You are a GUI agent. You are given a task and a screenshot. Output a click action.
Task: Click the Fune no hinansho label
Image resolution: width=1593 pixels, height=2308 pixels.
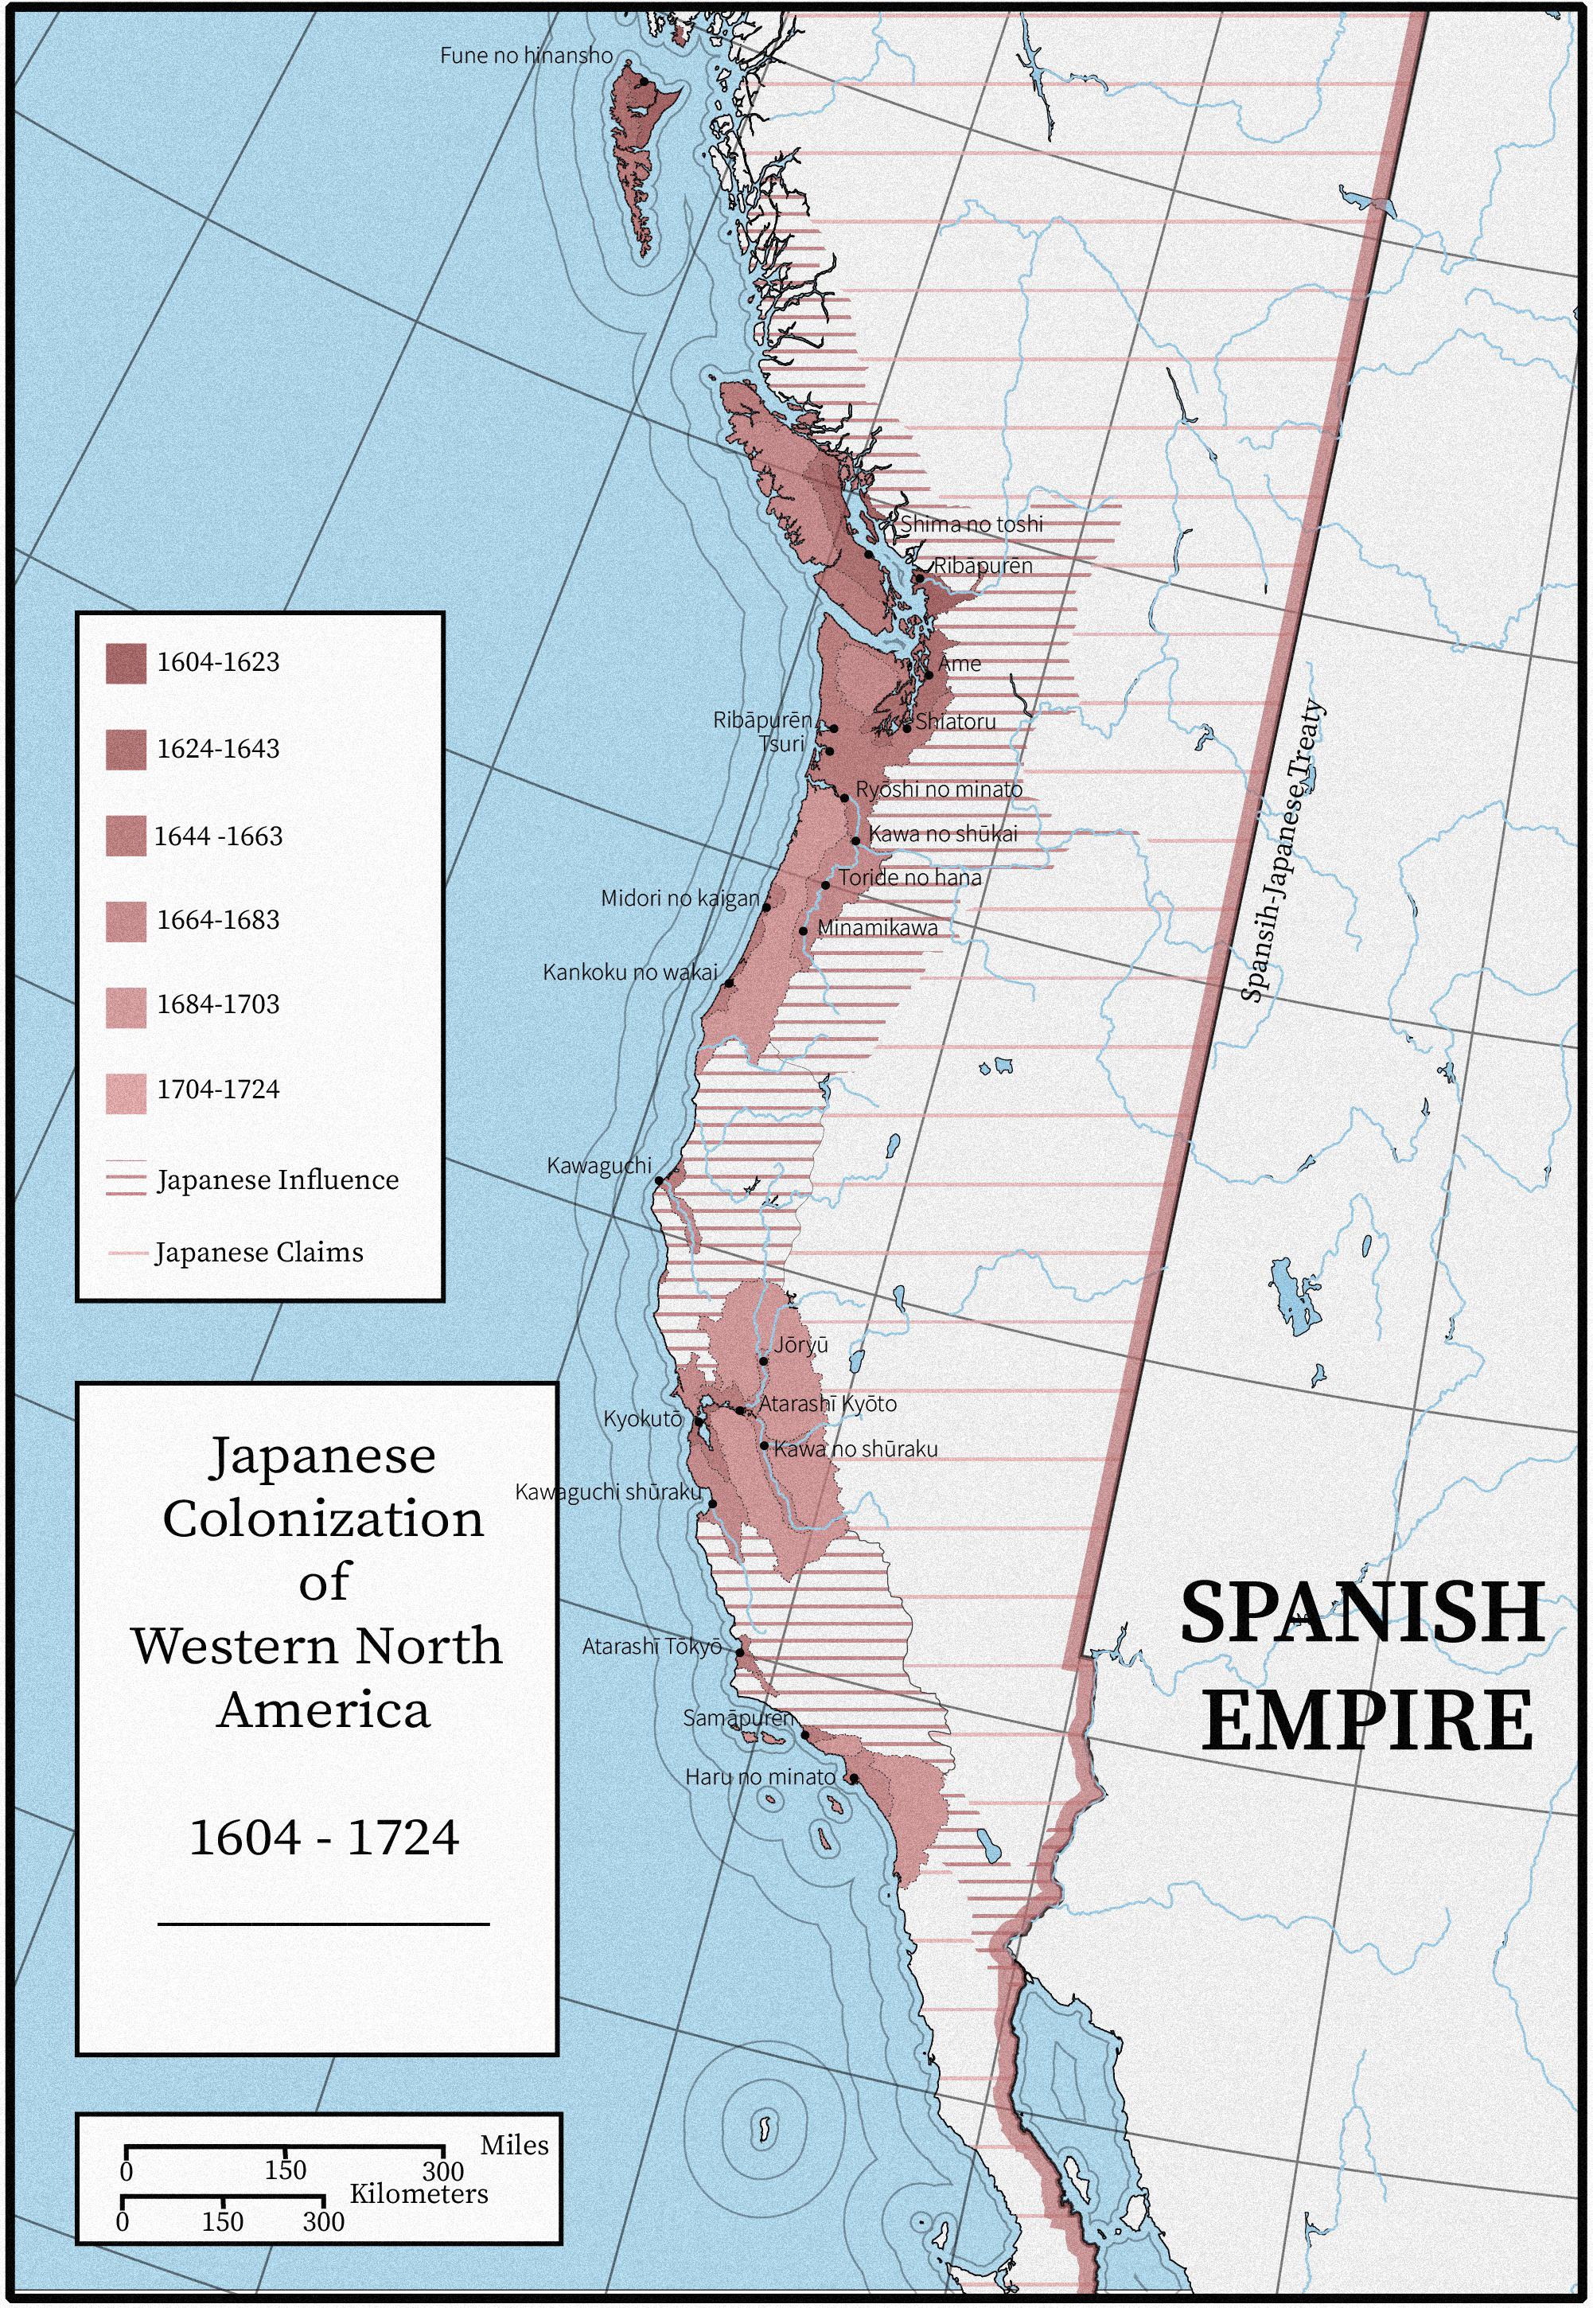(x=526, y=56)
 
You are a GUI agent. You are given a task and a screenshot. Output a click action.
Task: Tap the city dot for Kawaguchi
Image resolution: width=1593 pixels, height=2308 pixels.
(x=659, y=1181)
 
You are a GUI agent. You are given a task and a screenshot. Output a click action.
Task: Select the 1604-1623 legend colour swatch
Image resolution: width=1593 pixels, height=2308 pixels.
(x=126, y=663)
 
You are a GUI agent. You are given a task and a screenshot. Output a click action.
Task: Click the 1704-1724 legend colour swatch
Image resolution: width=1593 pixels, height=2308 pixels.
(x=126, y=1092)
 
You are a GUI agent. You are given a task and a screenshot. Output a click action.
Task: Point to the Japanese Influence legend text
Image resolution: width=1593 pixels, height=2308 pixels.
(x=278, y=1180)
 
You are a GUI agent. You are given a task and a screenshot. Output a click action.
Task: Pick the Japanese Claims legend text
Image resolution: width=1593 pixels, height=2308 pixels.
(x=259, y=1253)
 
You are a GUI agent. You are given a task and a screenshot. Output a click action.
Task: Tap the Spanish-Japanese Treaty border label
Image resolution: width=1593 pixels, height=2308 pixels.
(x=1283, y=851)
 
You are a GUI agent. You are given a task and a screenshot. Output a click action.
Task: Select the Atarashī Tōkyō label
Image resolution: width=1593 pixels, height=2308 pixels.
(x=651, y=1646)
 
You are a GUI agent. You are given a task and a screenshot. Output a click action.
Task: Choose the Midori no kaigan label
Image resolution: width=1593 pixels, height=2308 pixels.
(x=680, y=899)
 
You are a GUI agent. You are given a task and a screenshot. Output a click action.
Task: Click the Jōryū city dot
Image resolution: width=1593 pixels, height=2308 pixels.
(x=764, y=1361)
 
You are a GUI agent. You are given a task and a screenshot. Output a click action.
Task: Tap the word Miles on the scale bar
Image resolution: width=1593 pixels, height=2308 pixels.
(x=514, y=2146)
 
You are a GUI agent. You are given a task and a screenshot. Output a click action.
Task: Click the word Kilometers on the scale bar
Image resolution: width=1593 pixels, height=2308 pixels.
(x=419, y=2193)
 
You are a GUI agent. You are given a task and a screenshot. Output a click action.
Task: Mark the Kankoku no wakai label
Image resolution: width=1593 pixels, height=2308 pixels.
(x=630, y=973)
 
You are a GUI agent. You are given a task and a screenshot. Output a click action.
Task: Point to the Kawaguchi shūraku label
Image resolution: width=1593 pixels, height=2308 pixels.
(x=608, y=1491)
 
